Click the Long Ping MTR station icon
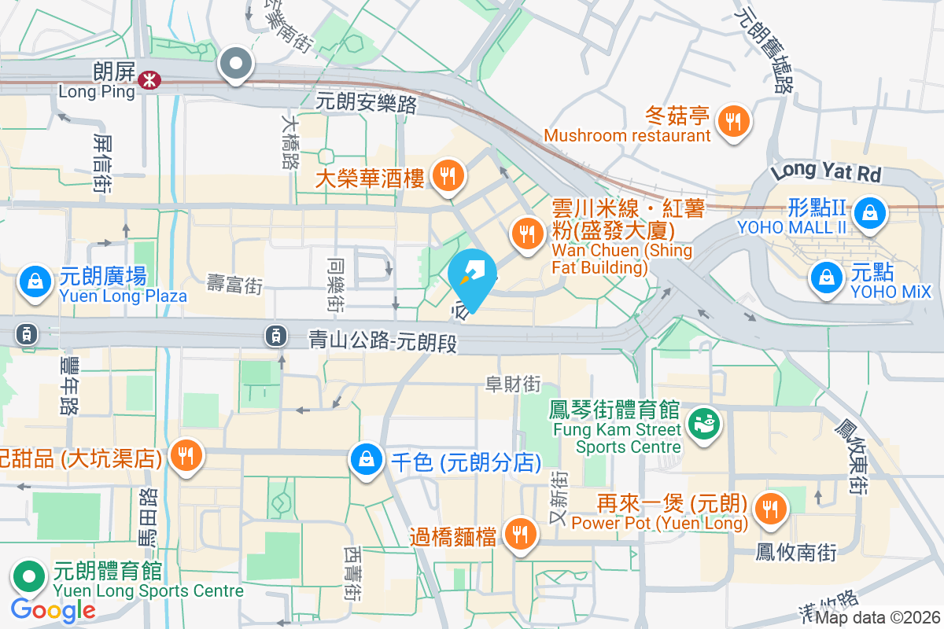[x=148, y=79]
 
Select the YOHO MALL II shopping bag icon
[x=870, y=212]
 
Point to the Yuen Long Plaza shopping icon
[x=35, y=281]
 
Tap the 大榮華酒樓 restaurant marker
[x=448, y=177]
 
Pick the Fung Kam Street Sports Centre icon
[x=703, y=424]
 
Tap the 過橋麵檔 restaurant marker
[x=519, y=535]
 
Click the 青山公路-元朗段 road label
[x=382, y=341]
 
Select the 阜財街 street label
[x=513, y=384]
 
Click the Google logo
[x=53, y=609]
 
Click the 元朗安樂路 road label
[x=366, y=102]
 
